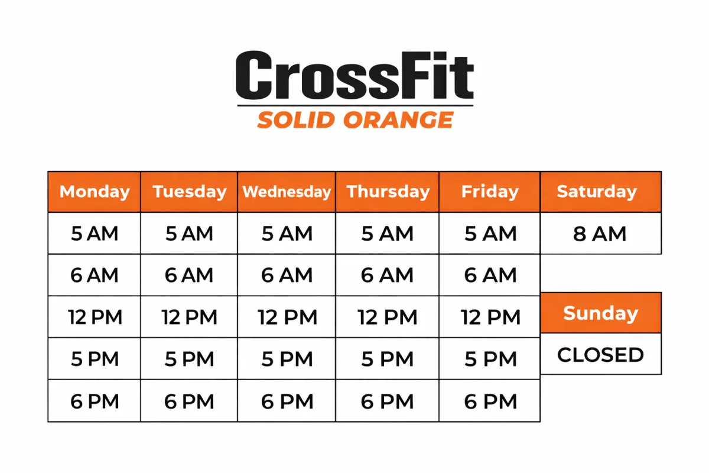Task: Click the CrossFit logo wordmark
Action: click(355, 75)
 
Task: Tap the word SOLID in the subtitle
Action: click(296, 120)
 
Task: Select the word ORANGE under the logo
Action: click(399, 120)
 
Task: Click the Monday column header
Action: click(95, 192)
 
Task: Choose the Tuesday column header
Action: click(189, 192)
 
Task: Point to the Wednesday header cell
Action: click(287, 192)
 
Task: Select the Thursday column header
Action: click(388, 192)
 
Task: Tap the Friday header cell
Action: click(490, 192)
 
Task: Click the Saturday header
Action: click(601, 192)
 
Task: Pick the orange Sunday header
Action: click(601, 313)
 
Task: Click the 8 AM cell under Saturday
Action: click(601, 233)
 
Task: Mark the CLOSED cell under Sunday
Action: click(601, 354)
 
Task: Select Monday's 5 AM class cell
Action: click(95, 233)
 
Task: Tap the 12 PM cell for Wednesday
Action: click(287, 317)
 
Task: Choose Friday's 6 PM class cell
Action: click(490, 401)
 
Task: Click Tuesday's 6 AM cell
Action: click(189, 275)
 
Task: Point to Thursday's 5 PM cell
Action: click(388, 359)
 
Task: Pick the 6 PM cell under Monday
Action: click(95, 401)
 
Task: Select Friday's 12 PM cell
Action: click(490, 317)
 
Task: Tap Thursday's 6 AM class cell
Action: click(388, 275)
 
